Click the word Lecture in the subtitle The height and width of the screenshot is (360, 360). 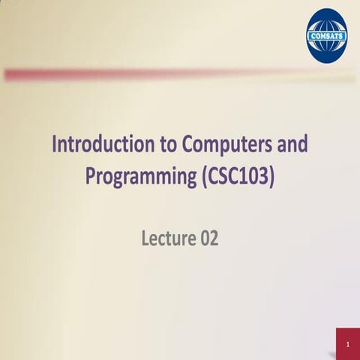(168, 239)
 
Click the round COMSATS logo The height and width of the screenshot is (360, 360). (327, 34)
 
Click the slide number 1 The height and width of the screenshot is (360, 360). (348, 345)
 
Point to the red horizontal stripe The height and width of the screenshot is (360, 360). (150, 74)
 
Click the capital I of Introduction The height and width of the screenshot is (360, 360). (54, 145)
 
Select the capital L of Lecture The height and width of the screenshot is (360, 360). (145, 239)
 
